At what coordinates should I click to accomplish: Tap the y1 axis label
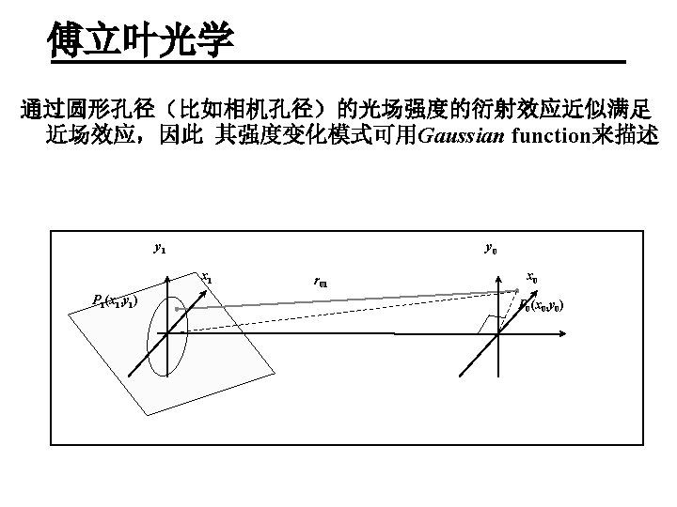pyautogui.click(x=160, y=248)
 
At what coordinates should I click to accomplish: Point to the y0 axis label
pyautogui.click(x=491, y=249)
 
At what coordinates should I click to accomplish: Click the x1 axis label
pyautogui.click(x=206, y=278)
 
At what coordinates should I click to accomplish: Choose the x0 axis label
pyautogui.click(x=531, y=277)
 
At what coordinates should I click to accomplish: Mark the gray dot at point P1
pyautogui.click(x=175, y=307)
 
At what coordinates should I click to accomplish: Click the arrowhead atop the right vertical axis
pyautogui.click(x=497, y=266)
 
